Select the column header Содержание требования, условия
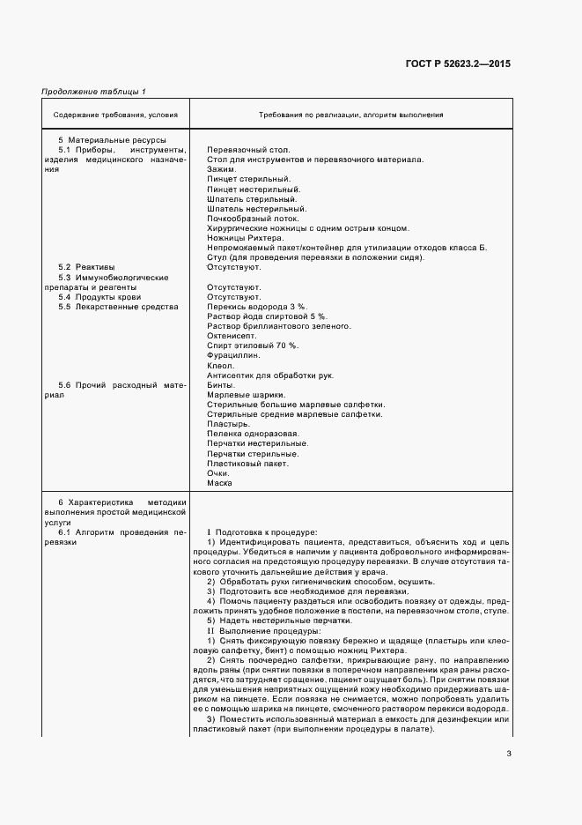tap(115, 115)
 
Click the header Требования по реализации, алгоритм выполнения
tap(350, 115)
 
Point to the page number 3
tap(509, 752)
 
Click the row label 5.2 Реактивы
tap(86, 267)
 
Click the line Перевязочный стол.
tap(242, 150)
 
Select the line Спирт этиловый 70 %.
tap(246, 346)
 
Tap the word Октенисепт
tap(232, 336)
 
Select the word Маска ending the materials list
tap(219, 483)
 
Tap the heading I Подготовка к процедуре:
tap(261, 533)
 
